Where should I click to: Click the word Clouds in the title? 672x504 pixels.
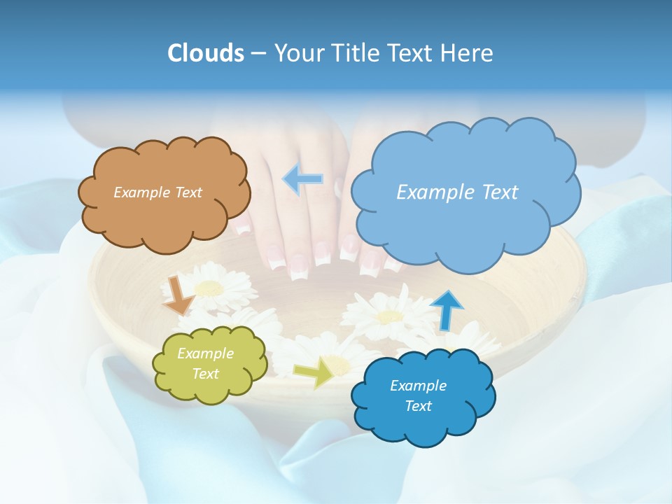206,53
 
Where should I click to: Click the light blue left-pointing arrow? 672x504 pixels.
302,179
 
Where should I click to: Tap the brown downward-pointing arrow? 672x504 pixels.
178,295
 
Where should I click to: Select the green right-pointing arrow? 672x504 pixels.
314,372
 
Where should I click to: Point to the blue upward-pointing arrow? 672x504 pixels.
446,310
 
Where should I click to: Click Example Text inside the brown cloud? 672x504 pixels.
157,192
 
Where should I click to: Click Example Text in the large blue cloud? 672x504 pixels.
457,192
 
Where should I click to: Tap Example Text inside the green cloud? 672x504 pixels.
206,364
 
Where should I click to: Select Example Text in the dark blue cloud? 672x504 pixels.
418,395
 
